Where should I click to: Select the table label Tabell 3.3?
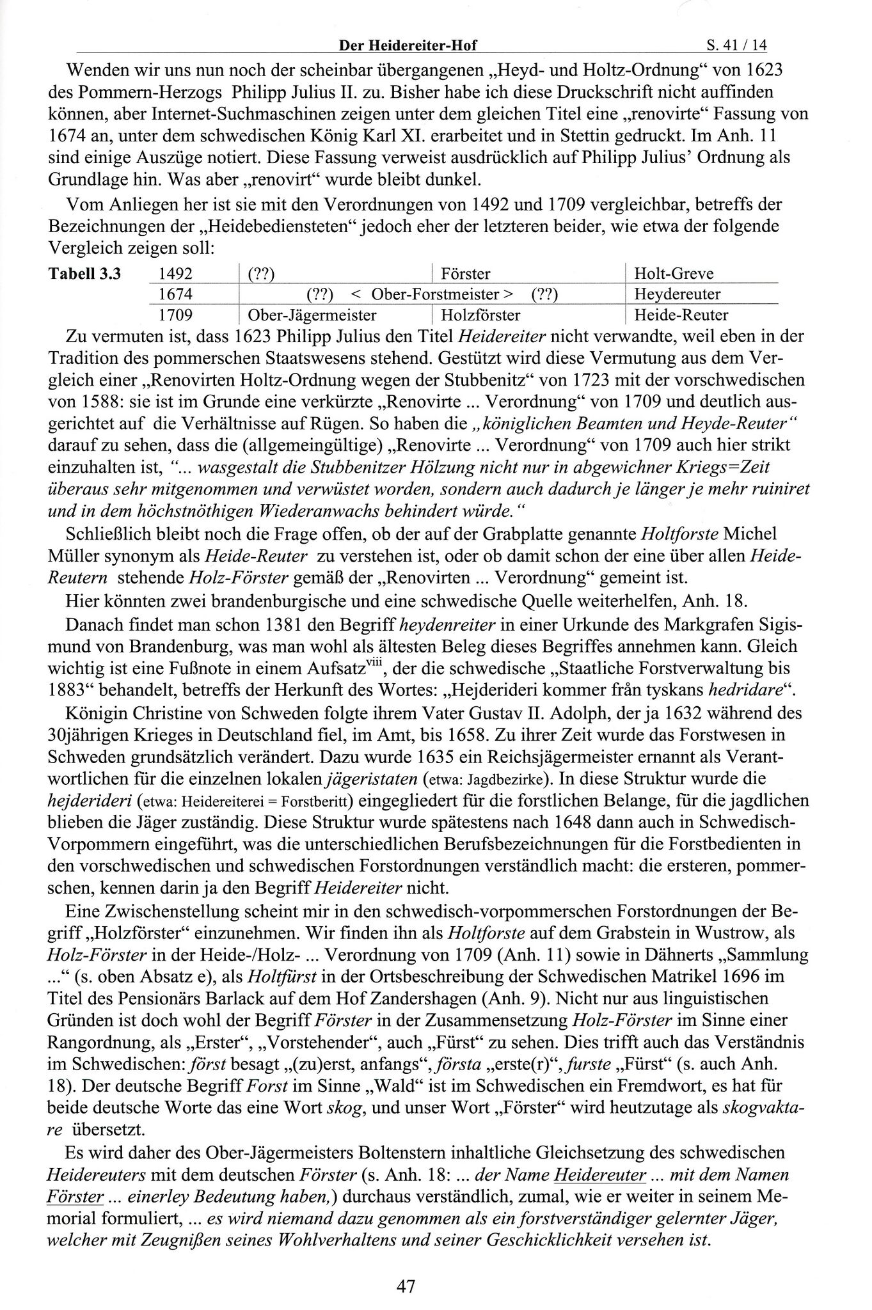pyautogui.click(x=84, y=274)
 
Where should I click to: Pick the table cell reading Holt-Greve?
pyautogui.click(x=674, y=274)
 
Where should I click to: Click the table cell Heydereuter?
pyautogui.click(x=677, y=294)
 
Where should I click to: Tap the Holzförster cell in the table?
pyautogui.click(x=480, y=315)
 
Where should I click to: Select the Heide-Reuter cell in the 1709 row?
pyautogui.click(x=681, y=315)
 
